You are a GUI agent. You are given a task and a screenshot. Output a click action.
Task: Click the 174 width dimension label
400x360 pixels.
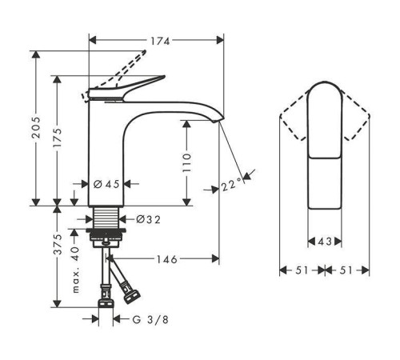(x=160, y=42)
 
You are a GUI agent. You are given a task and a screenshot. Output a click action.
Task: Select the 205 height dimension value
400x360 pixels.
(x=36, y=127)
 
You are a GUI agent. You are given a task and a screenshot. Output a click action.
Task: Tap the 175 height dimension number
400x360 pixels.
(x=58, y=138)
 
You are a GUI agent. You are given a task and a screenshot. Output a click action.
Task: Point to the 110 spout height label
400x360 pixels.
(x=187, y=162)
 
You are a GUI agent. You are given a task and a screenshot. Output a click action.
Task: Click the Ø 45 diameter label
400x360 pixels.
(x=106, y=184)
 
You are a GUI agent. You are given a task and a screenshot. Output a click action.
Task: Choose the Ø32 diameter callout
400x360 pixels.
(x=148, y=219)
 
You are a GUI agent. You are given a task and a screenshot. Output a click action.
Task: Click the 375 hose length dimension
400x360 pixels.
(x=58, y=244)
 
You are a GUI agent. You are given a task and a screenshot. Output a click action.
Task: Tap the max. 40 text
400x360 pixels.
(x=76, y=270)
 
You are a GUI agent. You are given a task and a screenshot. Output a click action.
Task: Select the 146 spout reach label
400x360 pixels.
(x=166, y=259)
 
